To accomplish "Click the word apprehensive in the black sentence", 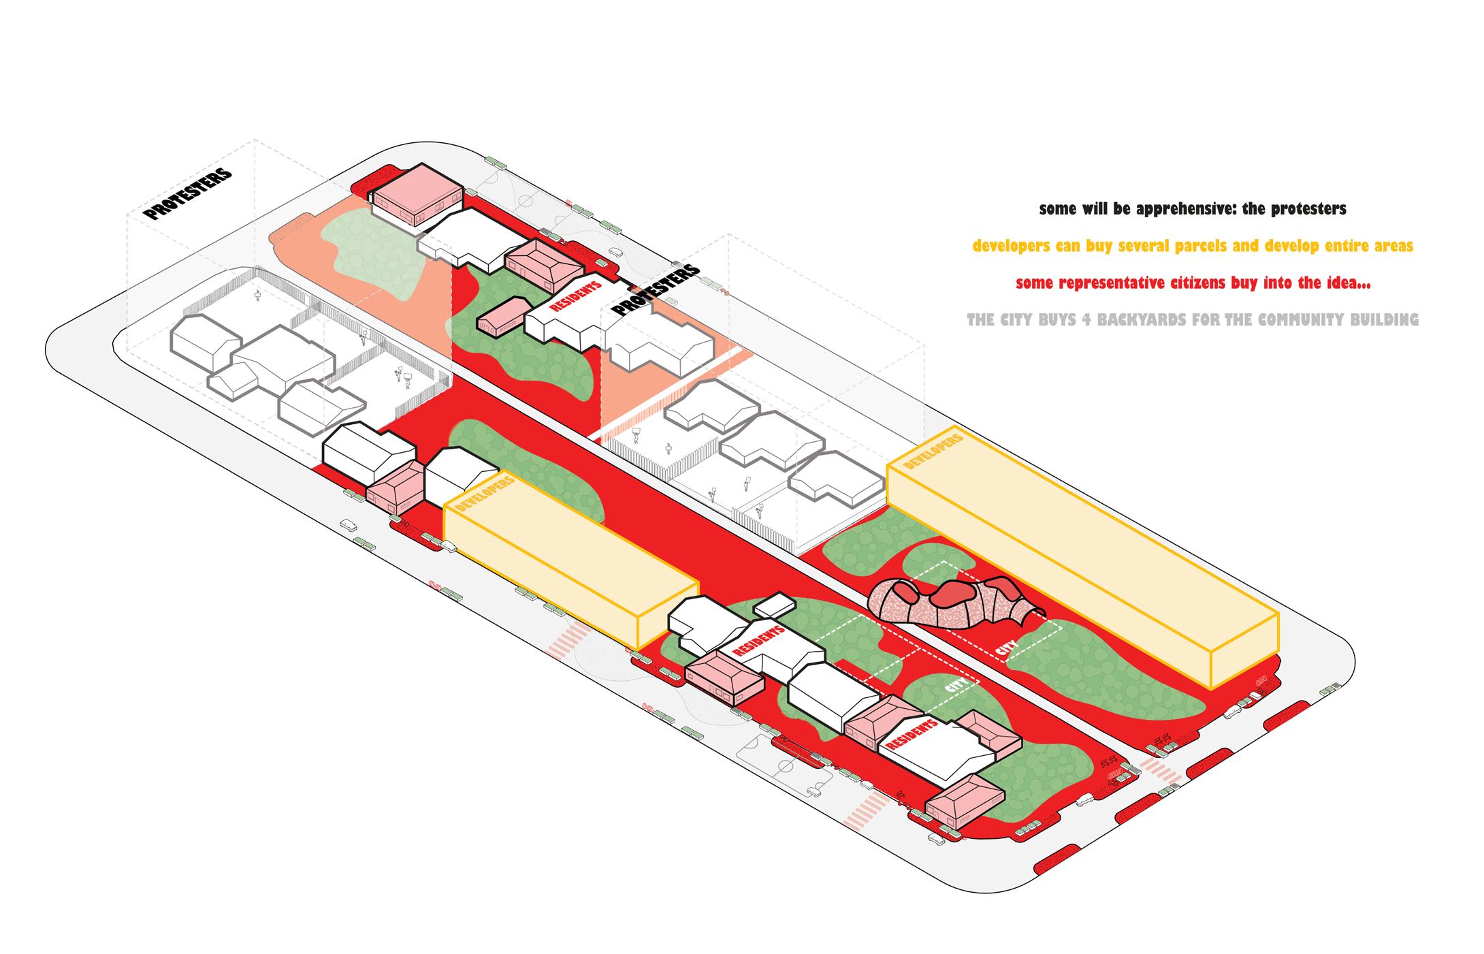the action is tap(1171, 209).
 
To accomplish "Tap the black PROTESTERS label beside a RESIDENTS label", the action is tap(655, 289).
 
